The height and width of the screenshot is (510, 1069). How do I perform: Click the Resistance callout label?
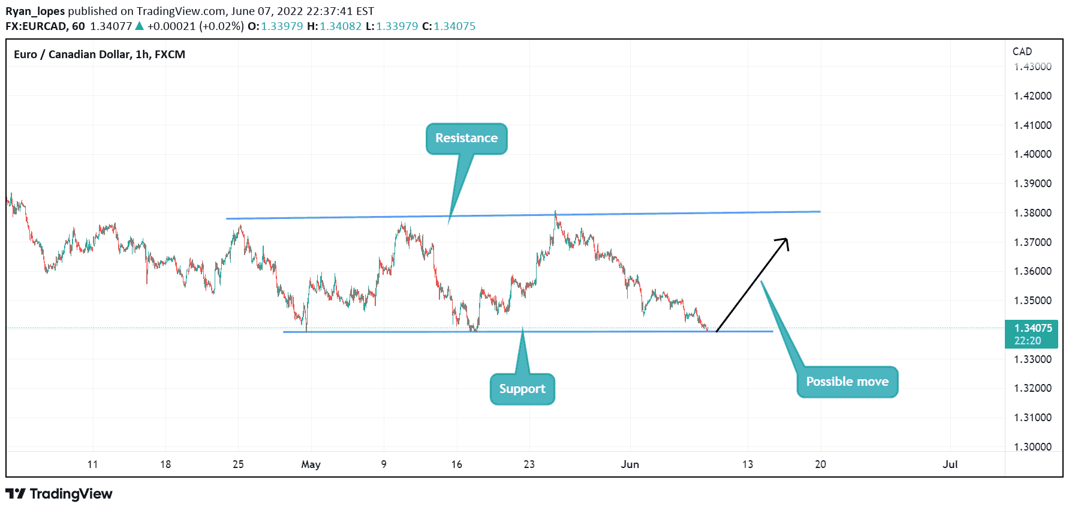466,139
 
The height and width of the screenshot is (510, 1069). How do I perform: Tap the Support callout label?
522,389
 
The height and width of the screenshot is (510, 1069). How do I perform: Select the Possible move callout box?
847,382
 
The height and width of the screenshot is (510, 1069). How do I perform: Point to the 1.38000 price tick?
1032,213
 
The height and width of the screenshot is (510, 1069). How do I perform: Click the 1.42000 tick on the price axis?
1032,96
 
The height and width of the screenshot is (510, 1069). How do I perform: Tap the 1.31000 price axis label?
1032,418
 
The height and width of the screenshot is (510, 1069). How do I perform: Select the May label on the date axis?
311,464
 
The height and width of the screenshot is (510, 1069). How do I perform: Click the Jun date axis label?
630,464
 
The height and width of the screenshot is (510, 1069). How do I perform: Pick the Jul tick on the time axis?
950,464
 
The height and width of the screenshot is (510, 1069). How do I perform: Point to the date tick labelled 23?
529,464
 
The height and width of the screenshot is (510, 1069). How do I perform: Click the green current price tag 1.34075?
1032,334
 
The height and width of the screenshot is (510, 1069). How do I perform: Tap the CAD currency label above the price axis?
1022,52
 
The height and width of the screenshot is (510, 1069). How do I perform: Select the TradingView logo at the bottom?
59,494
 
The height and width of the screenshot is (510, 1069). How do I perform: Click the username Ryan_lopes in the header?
35,11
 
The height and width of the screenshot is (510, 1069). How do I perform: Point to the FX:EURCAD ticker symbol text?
37,26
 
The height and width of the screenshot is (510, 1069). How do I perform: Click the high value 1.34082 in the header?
341,26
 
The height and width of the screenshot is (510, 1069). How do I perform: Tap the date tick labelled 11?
92,464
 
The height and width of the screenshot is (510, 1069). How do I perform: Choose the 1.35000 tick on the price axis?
1032,301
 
